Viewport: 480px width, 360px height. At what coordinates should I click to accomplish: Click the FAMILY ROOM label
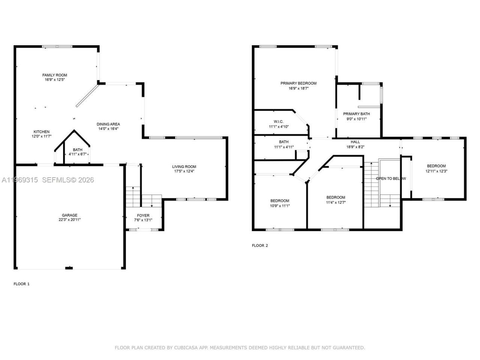(54, 75)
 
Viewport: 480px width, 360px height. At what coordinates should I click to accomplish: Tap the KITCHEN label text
(41, 132)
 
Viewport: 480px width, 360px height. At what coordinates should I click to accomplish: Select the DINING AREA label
(108, 124)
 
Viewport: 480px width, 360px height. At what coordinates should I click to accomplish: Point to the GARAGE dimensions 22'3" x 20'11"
(69, 220)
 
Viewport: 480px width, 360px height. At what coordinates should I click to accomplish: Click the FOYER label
(143, 216)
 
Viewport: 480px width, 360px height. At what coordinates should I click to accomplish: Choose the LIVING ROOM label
(184, 167)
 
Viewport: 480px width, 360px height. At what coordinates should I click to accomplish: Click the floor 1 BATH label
(78, 150)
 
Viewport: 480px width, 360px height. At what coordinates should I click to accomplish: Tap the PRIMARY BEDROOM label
(298, 83)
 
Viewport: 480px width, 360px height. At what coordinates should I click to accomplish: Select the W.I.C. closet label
(278, 121)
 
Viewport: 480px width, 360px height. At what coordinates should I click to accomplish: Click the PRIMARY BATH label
(356, 114)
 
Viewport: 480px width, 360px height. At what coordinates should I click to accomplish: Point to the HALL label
(355, 142)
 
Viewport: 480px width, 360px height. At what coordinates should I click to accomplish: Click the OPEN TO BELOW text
(391, 178)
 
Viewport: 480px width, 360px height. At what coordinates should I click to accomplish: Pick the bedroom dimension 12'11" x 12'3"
(436, 171)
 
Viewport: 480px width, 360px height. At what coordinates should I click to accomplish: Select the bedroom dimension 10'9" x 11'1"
(279, 205)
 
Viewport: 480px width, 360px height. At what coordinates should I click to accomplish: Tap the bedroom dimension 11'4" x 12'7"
(336, 202)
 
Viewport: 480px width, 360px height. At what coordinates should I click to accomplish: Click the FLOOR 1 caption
(21, 284)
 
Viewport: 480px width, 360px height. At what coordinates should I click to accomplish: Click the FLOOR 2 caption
(260, 246)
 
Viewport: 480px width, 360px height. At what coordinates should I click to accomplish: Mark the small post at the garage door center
(69, 268)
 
